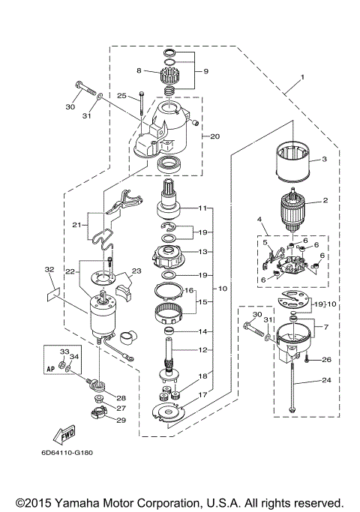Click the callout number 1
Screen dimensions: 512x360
coord(303,77)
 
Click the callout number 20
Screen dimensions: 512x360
coord(215,136)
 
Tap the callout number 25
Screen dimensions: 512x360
coord(121,95)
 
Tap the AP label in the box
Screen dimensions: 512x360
coord(51,369)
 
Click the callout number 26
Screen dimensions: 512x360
coord(325,359)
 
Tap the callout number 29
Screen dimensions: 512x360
coord(121,420)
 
